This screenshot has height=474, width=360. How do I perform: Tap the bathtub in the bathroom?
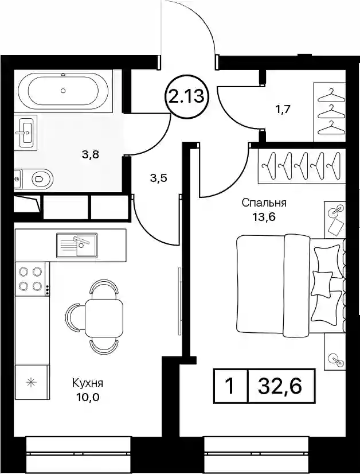pos(63,91)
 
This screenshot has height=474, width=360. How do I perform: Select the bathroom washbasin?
pos(26,133)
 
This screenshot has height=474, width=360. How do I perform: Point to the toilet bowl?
pos(33,179)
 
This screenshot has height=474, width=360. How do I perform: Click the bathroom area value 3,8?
pos(91,155)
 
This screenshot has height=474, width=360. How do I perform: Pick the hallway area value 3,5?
pos(159,178)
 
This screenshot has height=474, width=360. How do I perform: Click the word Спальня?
pos(264,203)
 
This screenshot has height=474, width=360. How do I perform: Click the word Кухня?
pos(88,383)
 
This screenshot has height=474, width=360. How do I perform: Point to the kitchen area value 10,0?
pos(88,397)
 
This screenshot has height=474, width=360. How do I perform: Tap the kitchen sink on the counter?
pos(77,245)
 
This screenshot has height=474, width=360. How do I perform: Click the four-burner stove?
pos(32,279)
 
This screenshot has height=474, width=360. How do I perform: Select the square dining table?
pos(104,318)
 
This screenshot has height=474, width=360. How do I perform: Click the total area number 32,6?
pos(280,386)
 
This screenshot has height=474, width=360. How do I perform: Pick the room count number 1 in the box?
pos(230,386)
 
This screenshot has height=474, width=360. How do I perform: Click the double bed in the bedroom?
pos(291,285)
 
